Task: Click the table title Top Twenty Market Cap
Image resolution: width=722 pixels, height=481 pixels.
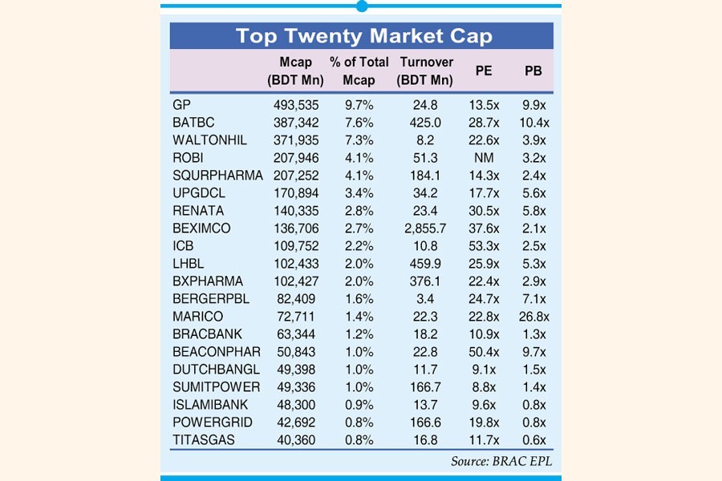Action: (x=363, y=36)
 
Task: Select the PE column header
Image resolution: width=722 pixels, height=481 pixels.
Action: (x=484, y=71)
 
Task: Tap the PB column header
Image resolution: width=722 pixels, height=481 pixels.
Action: (x=533, y=71)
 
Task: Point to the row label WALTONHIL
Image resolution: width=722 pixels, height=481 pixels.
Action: (x=209, y=139)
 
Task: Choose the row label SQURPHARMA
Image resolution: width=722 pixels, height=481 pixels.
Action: (x=217, y=175)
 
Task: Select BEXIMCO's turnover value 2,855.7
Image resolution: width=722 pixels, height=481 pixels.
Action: (x=425, y=228)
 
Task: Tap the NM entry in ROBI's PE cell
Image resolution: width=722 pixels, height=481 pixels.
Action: (x=484, y=157)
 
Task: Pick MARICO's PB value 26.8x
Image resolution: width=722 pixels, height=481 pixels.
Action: (x=533, y=317)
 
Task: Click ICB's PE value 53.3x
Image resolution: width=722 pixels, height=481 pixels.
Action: (x=484, y=246)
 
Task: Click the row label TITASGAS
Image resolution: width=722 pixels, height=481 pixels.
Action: (x=203, y=440)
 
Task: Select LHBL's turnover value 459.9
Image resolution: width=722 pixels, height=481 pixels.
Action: (x=425, y=264)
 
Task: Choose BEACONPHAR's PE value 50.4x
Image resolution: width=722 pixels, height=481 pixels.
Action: (x=484, y=352)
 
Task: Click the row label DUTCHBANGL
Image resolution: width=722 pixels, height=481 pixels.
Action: (x=215, y=370)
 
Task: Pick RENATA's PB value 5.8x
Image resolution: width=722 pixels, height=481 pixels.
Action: (x=533, y=211)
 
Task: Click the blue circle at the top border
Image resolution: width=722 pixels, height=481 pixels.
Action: (x=362, y=6)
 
